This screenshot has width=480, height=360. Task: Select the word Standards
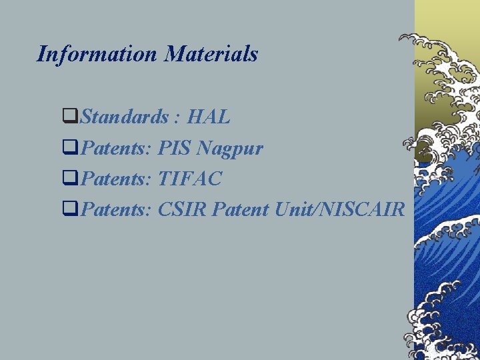[124, 117]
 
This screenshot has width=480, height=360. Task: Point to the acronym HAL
[209, 117]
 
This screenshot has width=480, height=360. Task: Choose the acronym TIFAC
[190, 179]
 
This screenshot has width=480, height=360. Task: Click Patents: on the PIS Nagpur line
[117, 148]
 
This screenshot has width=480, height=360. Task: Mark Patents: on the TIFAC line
[117, 179]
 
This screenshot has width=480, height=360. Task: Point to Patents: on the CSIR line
[117, 209]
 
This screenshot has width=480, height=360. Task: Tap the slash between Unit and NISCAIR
[319, 209]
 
